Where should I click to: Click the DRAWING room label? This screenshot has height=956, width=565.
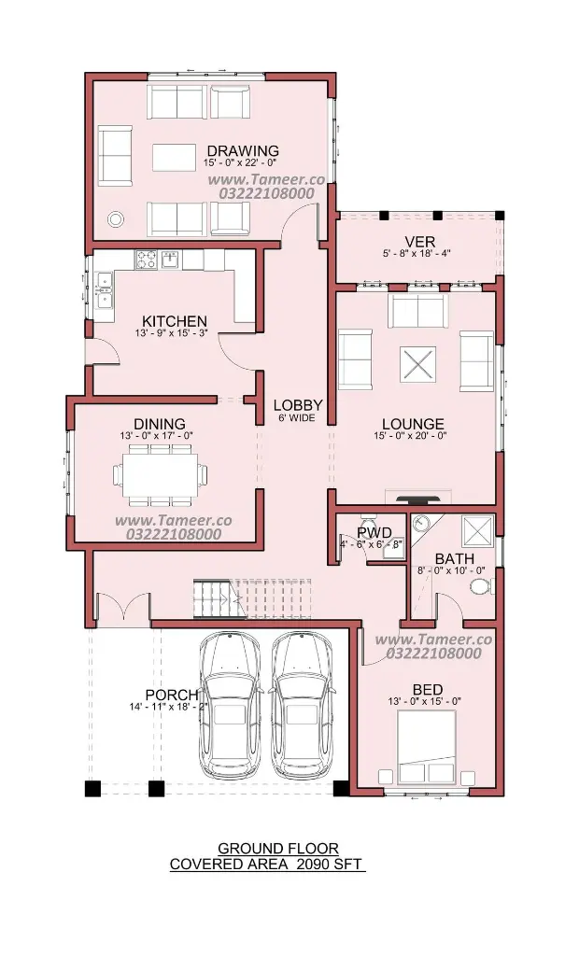(x=243, y=150)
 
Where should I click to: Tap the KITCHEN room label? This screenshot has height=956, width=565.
(x=175, y=321)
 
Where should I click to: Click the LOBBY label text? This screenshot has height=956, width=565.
(x=298, y=405)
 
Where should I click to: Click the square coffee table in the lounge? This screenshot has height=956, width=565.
(x=418, y=366)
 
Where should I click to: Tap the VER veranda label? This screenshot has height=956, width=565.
(x=420, y=242)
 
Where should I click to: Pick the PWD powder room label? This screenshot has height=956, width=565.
(x=374, y=534)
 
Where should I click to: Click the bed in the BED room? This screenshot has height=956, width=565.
(x=427, y=747)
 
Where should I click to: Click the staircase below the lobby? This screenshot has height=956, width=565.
(x=252, y=598)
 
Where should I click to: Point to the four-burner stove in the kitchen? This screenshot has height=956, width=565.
(x=147, y=260)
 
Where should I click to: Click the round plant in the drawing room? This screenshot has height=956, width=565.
(x=115, y=218)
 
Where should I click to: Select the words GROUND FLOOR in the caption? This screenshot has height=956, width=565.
(x=277, y=848)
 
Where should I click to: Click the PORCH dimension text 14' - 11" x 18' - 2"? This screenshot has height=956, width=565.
(x=168, y=708)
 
